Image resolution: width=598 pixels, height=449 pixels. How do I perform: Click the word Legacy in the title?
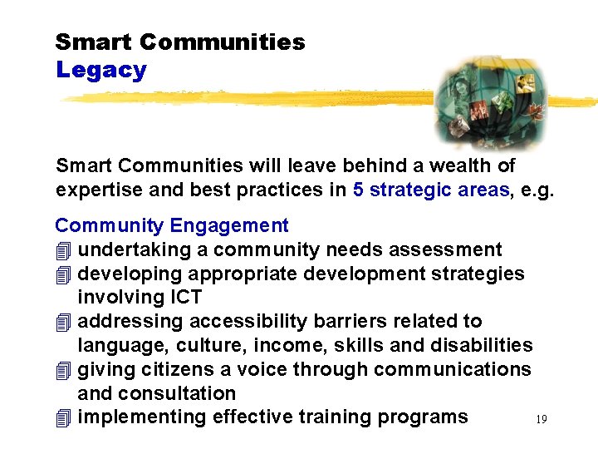pyautogui.click(x=100, y=70)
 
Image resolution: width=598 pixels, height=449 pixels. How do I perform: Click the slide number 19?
pyautogui.click(x=541, y=420)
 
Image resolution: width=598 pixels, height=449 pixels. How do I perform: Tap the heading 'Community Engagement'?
pyautogui.click(x=172, y=225)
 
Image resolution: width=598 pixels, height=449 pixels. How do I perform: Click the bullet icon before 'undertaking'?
pyautogui.click(x=64, y=250)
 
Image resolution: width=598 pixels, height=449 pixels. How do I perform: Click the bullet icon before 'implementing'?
pyautogui.click(x=64, y=417)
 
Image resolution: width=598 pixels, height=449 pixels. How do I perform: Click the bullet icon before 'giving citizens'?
pyautogui.click(x=64, y=369)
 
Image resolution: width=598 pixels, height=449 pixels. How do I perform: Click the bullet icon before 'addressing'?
pyautogui.click(x=64, y=322)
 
